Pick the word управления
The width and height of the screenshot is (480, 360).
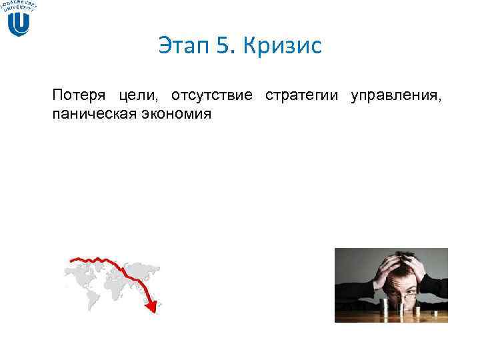coord(395,95)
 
